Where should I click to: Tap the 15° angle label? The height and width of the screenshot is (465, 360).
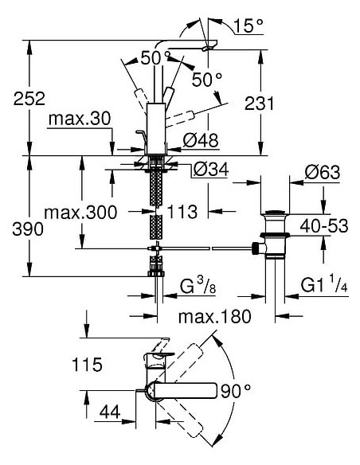[248, 27]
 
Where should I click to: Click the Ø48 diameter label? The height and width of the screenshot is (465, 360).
[200, 141]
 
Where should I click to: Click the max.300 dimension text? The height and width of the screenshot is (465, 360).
[80, 213]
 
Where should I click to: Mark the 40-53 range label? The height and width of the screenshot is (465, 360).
[324, 227]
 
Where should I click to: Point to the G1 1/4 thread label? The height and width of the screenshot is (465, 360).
[323, 284]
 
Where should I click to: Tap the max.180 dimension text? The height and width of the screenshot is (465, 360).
[213, 317]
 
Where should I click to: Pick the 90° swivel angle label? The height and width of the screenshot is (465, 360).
[236, 391]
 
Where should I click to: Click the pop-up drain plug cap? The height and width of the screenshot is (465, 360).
[273, 213]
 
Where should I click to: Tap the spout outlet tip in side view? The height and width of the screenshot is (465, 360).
[208, 48]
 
